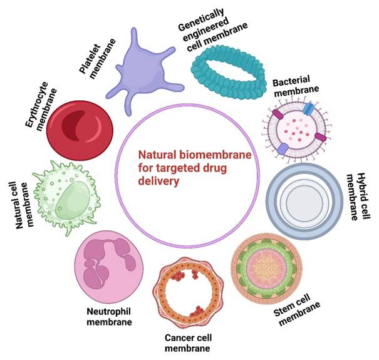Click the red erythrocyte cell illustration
tap(80, 130)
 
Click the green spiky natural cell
tap(66, 197)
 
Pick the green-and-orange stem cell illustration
tap(266, 269)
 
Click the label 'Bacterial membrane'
tap(296, 86)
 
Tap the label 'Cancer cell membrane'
tap(188, 343)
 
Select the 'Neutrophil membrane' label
tap(109, 317)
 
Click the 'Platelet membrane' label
tap(97, 59)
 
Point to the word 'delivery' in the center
tap(158, 181)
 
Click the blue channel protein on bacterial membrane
tap(308, 109)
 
